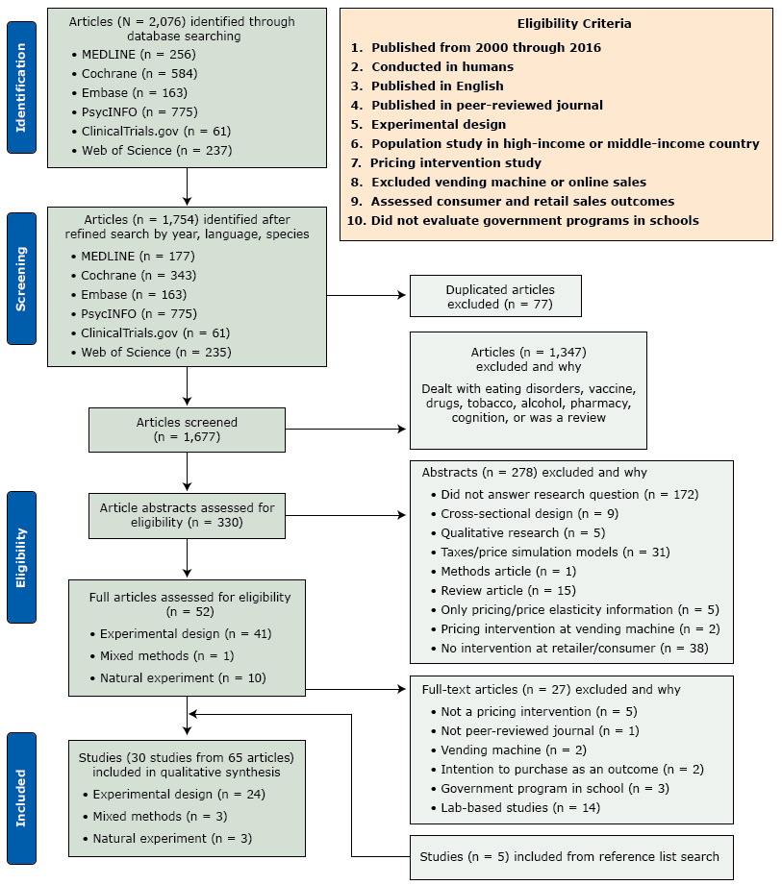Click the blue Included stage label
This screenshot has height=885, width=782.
point(21,797)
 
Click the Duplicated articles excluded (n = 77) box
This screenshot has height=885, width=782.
point(494,296)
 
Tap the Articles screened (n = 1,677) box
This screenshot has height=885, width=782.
point(186,428)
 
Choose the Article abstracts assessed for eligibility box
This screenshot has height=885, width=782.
point(186,515)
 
